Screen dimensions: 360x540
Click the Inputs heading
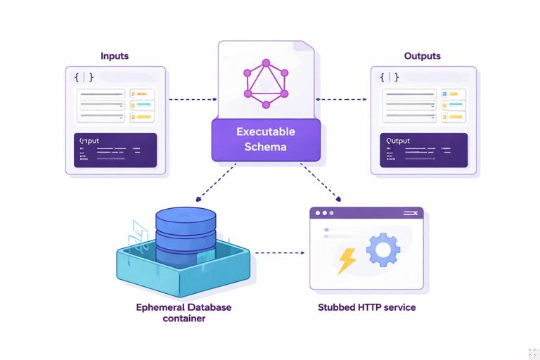coord(115,56)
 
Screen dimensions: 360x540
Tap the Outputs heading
coord(422,56)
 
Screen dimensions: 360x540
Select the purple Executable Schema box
coord(266,139)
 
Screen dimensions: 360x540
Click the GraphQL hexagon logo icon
coord(266,84)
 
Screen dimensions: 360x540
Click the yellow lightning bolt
coord(347,260)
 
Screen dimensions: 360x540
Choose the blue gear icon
coord(383,250)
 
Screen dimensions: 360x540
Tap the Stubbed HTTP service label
coord(366,307)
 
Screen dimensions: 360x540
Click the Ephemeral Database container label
coord(184,313)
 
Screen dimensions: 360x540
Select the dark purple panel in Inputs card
coord(115,150)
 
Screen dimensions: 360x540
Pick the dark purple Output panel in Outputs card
coord(423,150)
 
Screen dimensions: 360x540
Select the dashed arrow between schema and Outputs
coord(342,99)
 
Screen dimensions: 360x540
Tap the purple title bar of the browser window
coord(366,212)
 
